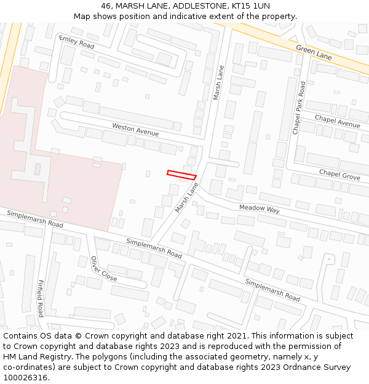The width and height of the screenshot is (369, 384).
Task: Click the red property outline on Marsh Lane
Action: click(181, 175)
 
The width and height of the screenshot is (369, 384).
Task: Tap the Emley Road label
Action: click(77, 42)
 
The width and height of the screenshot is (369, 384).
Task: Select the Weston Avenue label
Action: click(135, 130)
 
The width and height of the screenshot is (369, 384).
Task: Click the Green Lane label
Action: click(314, 52)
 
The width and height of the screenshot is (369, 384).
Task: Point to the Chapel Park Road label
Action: click(299, 108)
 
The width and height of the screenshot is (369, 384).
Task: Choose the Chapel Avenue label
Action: click(337, 121)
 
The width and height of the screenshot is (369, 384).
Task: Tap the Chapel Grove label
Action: click(339, 176)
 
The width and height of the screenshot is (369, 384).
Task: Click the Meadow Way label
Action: click(259, 209)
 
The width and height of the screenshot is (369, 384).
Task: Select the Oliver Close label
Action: click(103, 269)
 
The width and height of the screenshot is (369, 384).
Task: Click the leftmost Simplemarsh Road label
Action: click(35, 219)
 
